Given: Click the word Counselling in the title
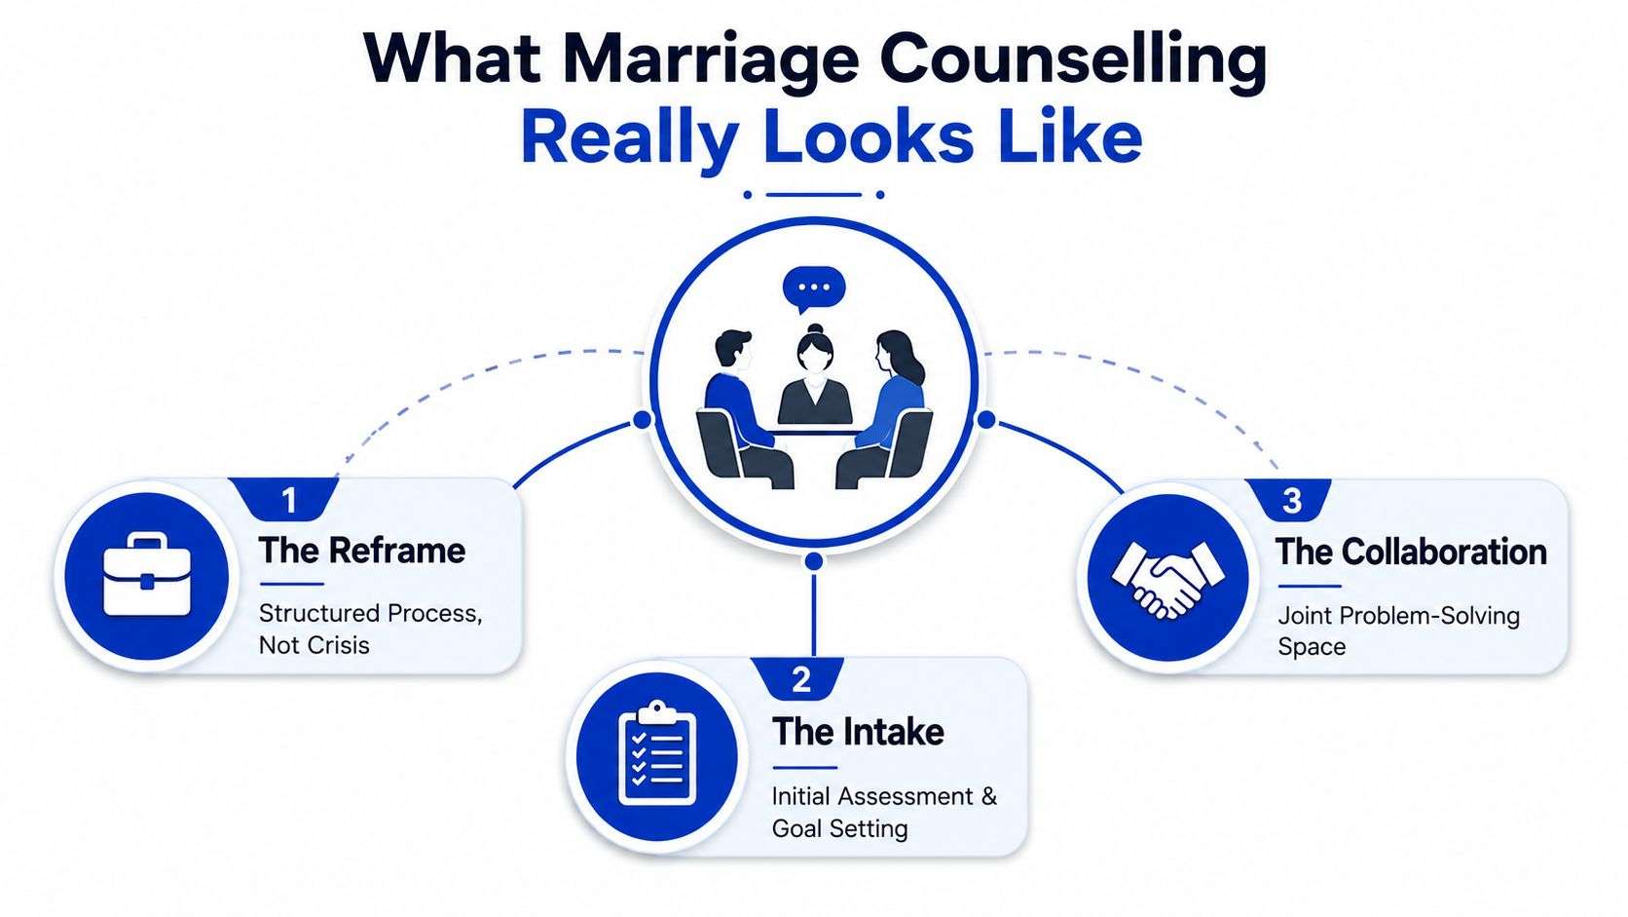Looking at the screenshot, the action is [x=1073, y=59].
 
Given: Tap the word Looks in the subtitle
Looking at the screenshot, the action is [x=869, y=138].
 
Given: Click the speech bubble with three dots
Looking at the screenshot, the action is [x=813, y=289].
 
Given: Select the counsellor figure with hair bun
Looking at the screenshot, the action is [x=815, y=374].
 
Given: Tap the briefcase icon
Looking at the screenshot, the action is [x=147, y=575].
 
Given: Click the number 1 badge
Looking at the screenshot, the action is [x=289, y=500].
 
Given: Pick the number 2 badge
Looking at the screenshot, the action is [x=801, y=680].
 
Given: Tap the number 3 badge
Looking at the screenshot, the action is [x=1291, y=501].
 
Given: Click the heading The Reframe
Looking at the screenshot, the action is [x=362, y=551].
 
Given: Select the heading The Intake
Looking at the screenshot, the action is [x=858, y=732].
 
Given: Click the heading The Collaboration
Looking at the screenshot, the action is [x=1412, y=552].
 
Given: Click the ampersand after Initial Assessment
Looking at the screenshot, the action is [x=988, y=796].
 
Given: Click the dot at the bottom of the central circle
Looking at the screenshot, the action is [x=814, y=561].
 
